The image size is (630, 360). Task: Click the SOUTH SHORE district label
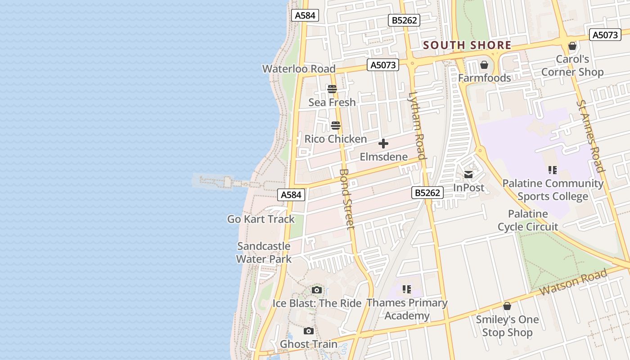(x=467, y=45)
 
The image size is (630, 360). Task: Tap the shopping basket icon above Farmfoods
(x=484, y=65)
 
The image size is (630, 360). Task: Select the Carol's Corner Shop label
(x=572, y=66)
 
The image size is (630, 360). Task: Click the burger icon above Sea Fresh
(x=332, y=89)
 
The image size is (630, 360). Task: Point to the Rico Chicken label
(x=336, y=139)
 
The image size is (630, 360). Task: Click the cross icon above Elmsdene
(x=383, y=144)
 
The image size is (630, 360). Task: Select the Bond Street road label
(x=347, y=198)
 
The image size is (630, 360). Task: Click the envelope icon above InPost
(x=468, y=175)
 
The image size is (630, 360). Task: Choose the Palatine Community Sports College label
(x=553, y=190)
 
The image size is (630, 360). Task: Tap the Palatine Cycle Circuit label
(x=528, y=220)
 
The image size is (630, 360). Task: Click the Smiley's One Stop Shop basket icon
(x=507, y=306)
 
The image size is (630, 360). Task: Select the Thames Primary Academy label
(x=407, y=309)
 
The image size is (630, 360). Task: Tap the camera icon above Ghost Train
(x=309, y=331)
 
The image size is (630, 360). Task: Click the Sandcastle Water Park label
(x=264, y=252)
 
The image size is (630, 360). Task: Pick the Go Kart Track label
(x=261, y=219)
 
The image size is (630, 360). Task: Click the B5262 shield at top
(x=404, y=20)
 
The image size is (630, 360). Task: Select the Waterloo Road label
(x=299, y=69)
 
